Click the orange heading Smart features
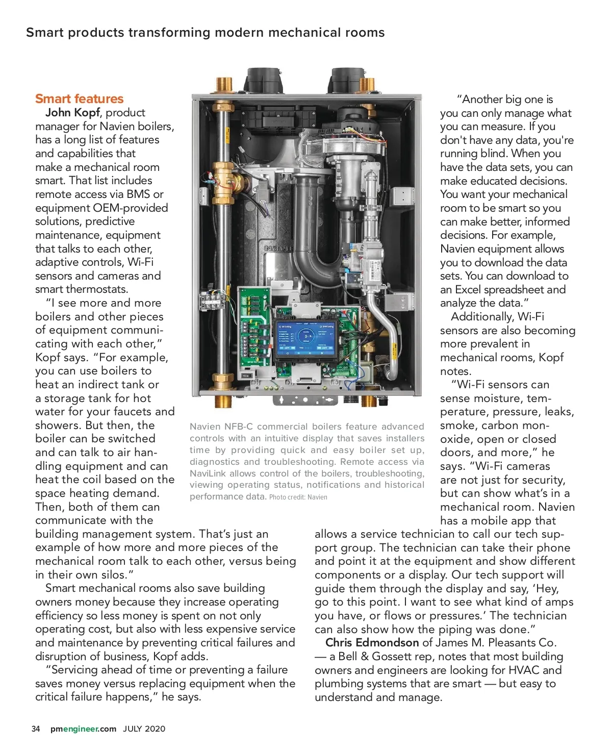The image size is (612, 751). click(x=79, y=99)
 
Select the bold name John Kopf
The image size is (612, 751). click(x=72, y=113)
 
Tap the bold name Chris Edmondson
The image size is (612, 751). click(x=372, y=643)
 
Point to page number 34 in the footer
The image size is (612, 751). click(x=36, y=729)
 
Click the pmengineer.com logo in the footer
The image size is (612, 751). click(x=83, y=729)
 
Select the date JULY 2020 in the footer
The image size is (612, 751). click(x=144, y=729)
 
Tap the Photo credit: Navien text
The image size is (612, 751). click(x=298, y=497)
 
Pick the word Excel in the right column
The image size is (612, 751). click(x=469, y=290)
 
